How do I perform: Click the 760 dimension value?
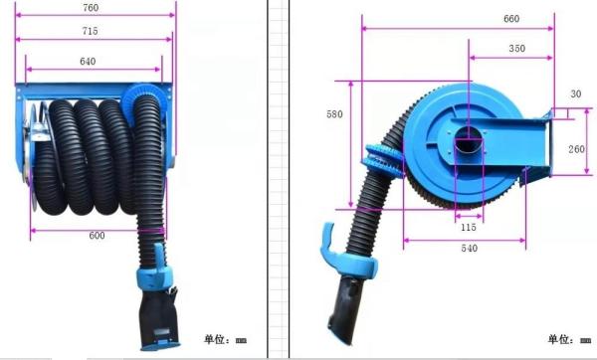click(x=91, y=8)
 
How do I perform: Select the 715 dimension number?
click(x=90, y=31)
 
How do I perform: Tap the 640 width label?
click(x=88, y=62)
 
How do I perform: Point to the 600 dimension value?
click(x=97, y=236)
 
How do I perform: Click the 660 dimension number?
click(x=511, y=19)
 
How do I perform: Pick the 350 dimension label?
click(x=517, y=49)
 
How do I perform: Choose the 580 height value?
click(x=334, y=114)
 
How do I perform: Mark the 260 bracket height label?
click(x=576, y=149)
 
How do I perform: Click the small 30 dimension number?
click(x=576, y=94)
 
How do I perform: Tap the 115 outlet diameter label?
click(x=469, y=227)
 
